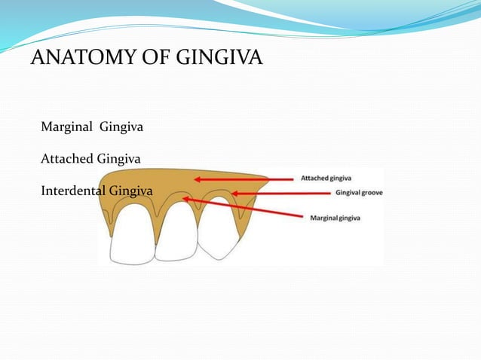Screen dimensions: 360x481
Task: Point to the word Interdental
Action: [x=73, y=191]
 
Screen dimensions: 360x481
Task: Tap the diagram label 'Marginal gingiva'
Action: [x=335, y=218]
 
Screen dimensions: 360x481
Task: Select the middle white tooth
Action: [x=175, y=229]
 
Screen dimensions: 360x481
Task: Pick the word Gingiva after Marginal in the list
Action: [x=122, y=127]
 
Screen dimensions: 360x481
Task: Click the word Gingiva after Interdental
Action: [x=130, y=191]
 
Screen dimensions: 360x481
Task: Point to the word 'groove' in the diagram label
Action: [x=372, y=193]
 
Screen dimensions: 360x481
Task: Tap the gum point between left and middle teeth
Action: [x=156, y=238]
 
